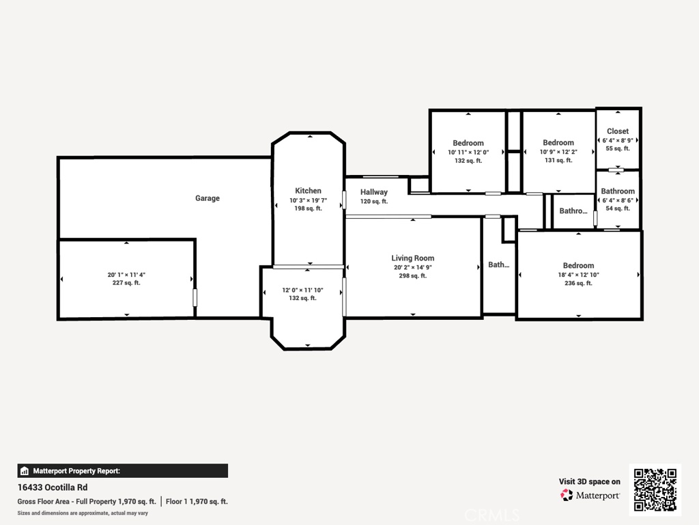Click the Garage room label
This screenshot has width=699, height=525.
(208, 198)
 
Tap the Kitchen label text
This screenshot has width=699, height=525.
(308, 191)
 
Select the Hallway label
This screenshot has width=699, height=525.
(374, 192)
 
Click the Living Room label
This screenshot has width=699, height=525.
(413, 258)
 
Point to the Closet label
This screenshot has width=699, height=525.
(618, 131)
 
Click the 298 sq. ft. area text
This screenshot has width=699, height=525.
(413, 276)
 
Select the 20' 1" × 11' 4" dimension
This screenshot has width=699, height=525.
(126, 275)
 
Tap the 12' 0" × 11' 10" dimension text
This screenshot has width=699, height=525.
(302, 290)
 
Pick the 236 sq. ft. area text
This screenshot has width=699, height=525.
(579, 283)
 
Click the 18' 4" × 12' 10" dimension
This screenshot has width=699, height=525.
(579, 275)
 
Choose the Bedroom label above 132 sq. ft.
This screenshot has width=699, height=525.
(468, 143)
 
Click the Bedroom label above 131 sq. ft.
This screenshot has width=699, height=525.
(558, 142)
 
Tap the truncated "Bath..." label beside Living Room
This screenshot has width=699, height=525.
(499, 265)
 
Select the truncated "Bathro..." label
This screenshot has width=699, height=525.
(573, 211)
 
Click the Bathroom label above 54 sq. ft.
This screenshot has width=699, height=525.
(618, 191)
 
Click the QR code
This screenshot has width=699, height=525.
(655, 489)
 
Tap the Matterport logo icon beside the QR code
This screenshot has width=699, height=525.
(567, 495)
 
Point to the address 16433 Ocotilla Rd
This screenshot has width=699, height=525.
(53, 487)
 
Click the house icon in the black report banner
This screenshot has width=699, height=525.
(25, 471)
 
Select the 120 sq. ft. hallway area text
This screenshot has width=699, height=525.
(374, 202)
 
